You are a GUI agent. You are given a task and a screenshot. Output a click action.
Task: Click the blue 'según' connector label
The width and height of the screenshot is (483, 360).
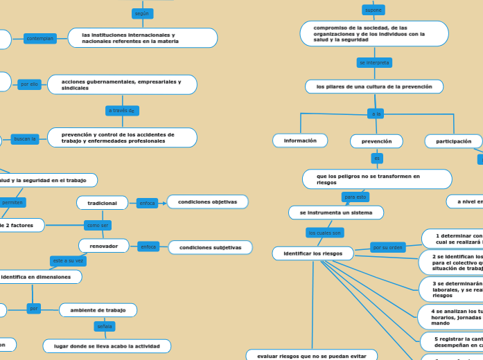(142, 14)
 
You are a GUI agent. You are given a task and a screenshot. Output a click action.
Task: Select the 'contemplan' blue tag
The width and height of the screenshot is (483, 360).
(40, 39)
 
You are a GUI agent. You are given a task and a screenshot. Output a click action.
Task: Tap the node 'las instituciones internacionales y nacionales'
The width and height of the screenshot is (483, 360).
(142, 38)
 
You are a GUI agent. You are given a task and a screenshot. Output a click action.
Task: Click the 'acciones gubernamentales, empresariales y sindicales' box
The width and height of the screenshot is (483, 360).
(122, 84)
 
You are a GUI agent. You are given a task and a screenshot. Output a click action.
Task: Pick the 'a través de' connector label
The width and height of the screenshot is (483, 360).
(123, 110)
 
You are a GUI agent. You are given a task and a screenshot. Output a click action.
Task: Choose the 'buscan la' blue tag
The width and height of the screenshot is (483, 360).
(25, 138)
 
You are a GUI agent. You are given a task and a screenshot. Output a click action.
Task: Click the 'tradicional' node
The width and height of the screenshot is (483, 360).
(102, 203)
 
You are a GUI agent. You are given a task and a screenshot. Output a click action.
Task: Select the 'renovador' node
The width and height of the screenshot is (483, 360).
(104, 246)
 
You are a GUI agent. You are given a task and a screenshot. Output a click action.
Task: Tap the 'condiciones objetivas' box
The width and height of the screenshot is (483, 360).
(207, 202)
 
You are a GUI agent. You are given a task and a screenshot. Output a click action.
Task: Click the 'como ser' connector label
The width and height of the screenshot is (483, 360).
(98, 225)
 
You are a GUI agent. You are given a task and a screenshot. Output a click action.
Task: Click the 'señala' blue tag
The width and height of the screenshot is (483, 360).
(105, 326)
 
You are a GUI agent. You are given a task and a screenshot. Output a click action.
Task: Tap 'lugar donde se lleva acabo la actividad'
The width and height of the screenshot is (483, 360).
(107, 345)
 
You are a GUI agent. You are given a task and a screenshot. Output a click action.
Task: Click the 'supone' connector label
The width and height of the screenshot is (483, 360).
(373, 10)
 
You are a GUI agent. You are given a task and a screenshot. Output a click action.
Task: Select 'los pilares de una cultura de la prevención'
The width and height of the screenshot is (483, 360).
(374, 87)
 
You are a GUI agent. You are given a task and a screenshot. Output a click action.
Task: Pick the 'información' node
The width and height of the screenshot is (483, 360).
(300, 141)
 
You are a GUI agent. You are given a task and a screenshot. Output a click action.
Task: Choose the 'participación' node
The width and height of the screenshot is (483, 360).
(453, 141)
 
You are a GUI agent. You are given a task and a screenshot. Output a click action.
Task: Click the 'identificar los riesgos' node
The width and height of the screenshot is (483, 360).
(313, 254)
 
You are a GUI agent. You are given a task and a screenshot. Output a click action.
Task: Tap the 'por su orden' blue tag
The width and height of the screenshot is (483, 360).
(387, 247)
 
